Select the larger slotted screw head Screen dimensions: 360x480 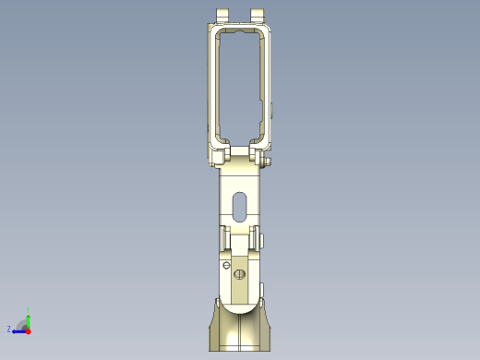[x=241, y=274]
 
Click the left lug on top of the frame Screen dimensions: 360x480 [x=222, y=16]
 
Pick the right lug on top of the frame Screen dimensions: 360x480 [x=258, y=16]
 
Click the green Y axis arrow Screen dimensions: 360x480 [x=29, y=317]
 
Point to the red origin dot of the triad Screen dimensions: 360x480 [x=29, y=329]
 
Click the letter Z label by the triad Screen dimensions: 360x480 [x=9, y=329]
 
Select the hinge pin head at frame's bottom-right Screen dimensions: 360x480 [x=268, y=162]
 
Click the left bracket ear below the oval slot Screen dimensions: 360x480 [x=223, y=238]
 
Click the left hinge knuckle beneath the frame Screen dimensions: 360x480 [x=222, y=153]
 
